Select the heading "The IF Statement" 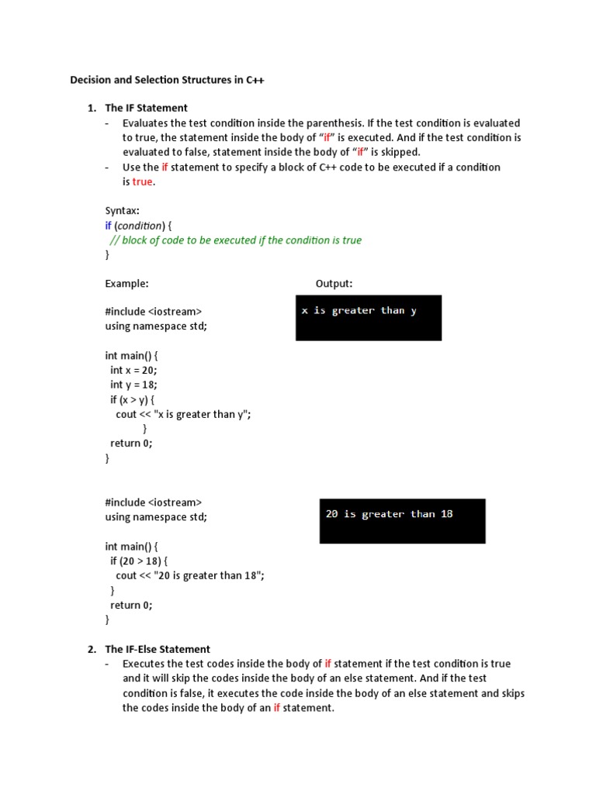146,108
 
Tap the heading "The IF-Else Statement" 158,649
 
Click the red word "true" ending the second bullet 142,181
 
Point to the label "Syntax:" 123,211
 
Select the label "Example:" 126,284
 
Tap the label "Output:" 334,284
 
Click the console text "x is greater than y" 359,311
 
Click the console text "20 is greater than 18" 389,514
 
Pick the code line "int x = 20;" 133,370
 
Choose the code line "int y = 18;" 133,385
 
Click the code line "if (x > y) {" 133,399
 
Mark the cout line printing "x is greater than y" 183,414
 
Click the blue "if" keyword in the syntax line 109,226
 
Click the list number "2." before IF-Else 92,649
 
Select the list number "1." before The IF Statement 92,108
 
